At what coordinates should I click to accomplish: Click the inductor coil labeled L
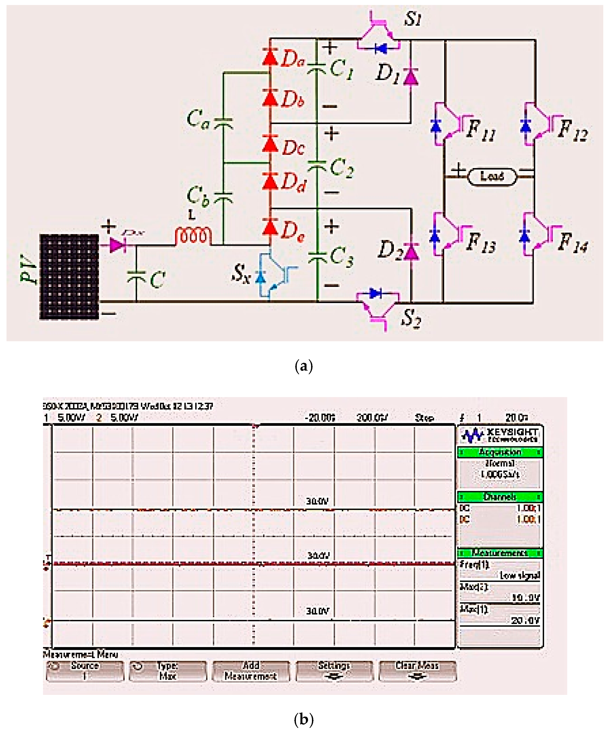193,236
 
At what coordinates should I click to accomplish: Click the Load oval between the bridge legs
492,176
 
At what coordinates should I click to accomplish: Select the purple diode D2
411,252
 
